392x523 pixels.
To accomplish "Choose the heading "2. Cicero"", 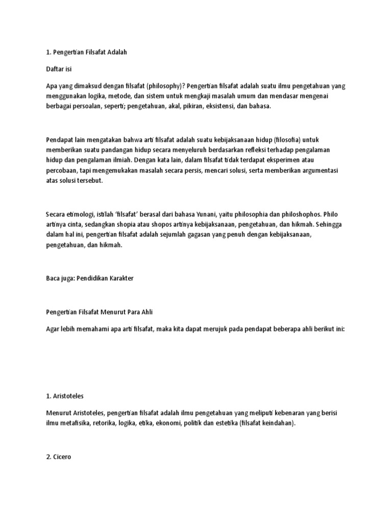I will pyautogui.click(x=59, y=457).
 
